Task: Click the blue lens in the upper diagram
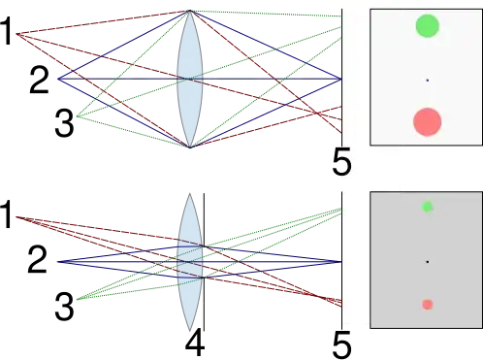click(x=190, y=79)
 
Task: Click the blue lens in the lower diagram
click(x=190, y=262)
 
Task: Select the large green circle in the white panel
click(x=427, y=26)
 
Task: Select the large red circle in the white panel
click(x=427, y=121)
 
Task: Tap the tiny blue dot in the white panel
click(x=427, y=80)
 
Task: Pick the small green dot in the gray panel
click(x=427, y=207)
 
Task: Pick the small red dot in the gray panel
click(x=427, y=305)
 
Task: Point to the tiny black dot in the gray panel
click(x=427, y=262)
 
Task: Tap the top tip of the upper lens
click(x=190, y=11)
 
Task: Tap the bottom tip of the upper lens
click(x=190, y=147)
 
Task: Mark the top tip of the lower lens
click(x=190, y=195)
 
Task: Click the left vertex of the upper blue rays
click(x=57, y=79)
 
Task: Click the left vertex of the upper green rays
click(x=79, y=117)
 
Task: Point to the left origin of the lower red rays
click(x=16, y=218)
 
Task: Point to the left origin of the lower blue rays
click(x=57, y=262)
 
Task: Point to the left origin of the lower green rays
click(x=79, y=299)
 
